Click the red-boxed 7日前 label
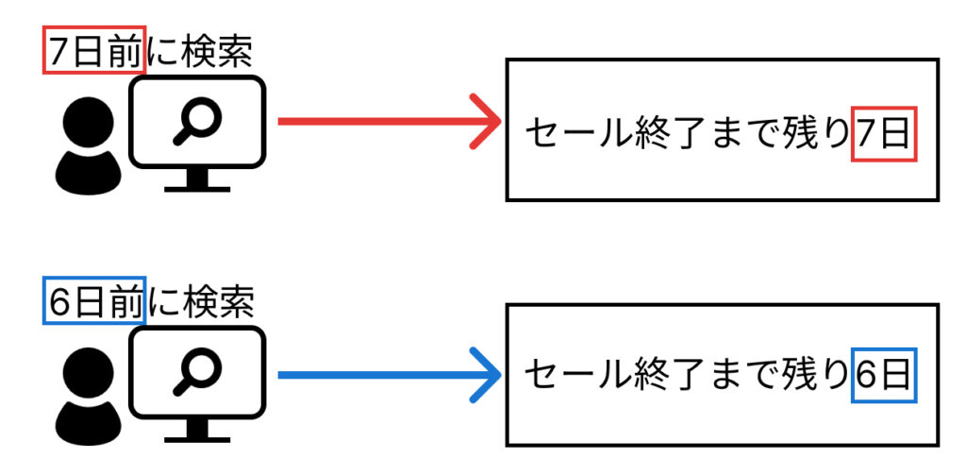click(x=94, y=53)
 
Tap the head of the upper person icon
click(x=91, y=122)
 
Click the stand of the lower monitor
click(x=197, y=432)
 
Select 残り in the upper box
click(x=817, y=135)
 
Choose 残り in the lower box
click(x=817, y=376)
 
